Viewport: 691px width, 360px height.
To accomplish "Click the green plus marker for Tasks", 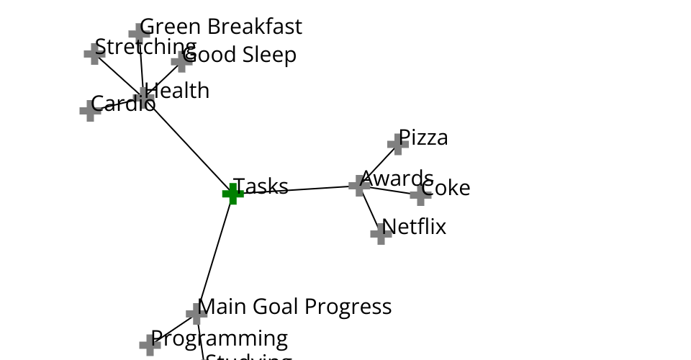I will point(232,193).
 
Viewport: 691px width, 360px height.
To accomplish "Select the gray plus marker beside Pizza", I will point(397,143).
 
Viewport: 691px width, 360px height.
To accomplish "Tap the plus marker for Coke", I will point(420,194).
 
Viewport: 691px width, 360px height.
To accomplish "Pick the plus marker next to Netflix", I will point(381,233).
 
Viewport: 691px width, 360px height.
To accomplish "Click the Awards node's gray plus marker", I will point(359,185).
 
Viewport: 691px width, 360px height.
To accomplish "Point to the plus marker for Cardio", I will point(90,110).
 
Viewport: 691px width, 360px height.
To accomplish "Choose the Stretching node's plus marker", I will point(94,53).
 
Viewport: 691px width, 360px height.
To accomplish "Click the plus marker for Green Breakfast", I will point(139,33).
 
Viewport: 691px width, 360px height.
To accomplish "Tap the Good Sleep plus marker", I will point(182,61).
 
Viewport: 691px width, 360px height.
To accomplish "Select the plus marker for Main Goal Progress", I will point(197,313).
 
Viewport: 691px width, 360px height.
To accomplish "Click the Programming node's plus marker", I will point(150,344).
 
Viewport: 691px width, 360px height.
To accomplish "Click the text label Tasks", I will point(261,186).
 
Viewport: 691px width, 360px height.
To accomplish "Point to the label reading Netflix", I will point(414,227).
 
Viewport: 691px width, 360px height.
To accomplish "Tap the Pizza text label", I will point(423,138).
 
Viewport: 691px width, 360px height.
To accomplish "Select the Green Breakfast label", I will point(221,27).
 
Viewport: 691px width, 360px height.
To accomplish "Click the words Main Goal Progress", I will point(294,307).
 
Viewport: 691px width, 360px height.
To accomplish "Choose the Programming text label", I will point(220,338).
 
